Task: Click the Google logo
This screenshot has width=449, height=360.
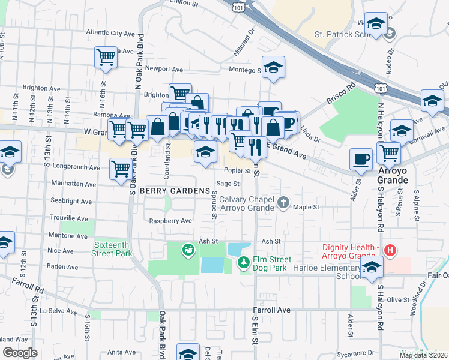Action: pyautogui.click(x=20, y=352)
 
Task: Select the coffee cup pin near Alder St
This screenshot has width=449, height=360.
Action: pyautogui.click(x=361, y=159)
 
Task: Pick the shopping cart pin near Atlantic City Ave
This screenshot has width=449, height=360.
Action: pyautogui.click(x=106, y=58)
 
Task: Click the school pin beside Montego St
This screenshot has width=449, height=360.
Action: pyautogui.click(x=273, y=68)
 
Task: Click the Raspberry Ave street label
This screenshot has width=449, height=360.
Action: pyautogui.click(x=173, y=221)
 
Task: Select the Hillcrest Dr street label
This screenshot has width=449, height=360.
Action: pyautogui.click(x=244, y=42)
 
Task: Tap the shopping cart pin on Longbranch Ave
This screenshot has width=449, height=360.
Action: pyautogui.click(x=121, y=169)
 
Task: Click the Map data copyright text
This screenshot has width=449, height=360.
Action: pyautogui.click(x=423, y=355)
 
